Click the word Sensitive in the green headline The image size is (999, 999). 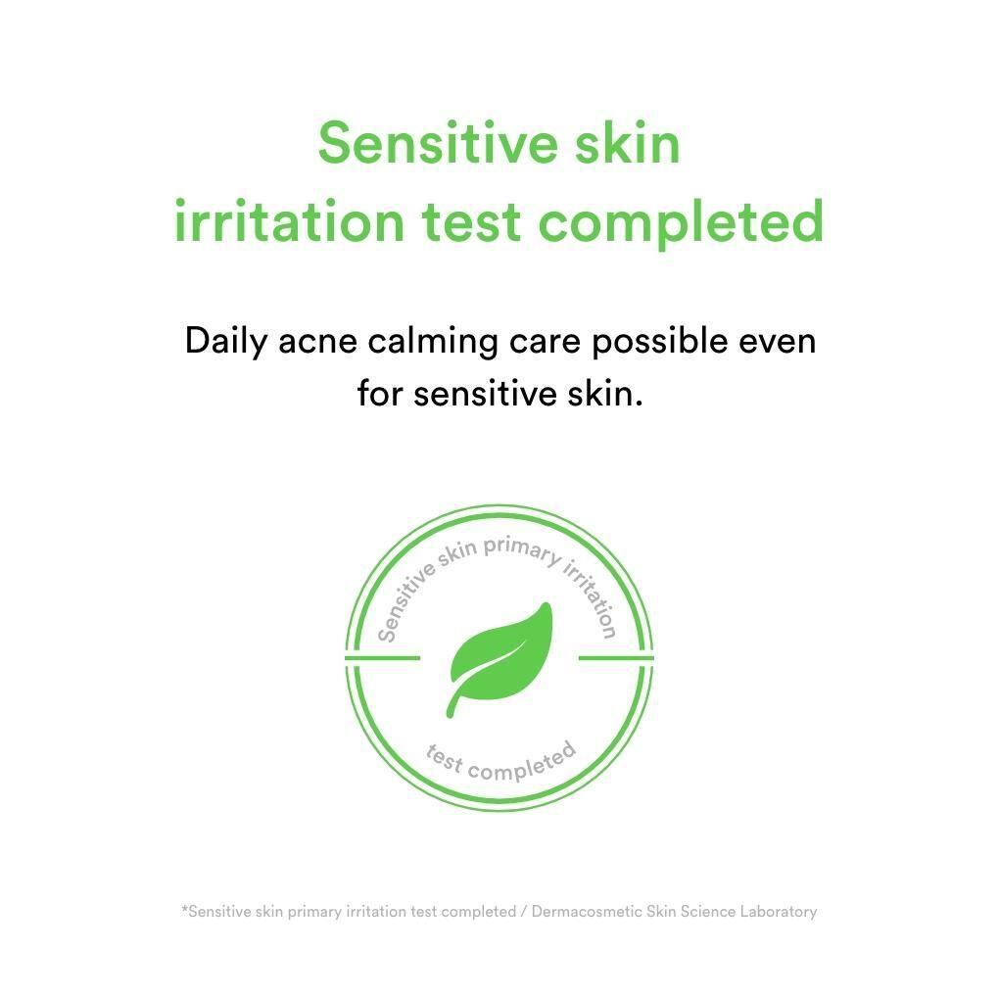tap(437, 143)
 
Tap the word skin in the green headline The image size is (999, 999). tap(628, 143)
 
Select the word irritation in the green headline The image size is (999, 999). tap(290, 221)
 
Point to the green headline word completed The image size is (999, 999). tap(681, 223)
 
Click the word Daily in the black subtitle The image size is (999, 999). tap(226, 342)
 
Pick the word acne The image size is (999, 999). tap(317, 344)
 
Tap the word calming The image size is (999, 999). tap(433, 342)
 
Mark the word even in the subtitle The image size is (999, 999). tap(778, 344)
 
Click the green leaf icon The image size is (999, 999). tap(499, 659)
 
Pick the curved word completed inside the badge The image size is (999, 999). tap(522, 764)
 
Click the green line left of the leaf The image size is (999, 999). tap(382, 658)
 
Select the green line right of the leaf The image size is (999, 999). tap(616, 658)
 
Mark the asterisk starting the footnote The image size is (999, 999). tap(184, 909)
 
